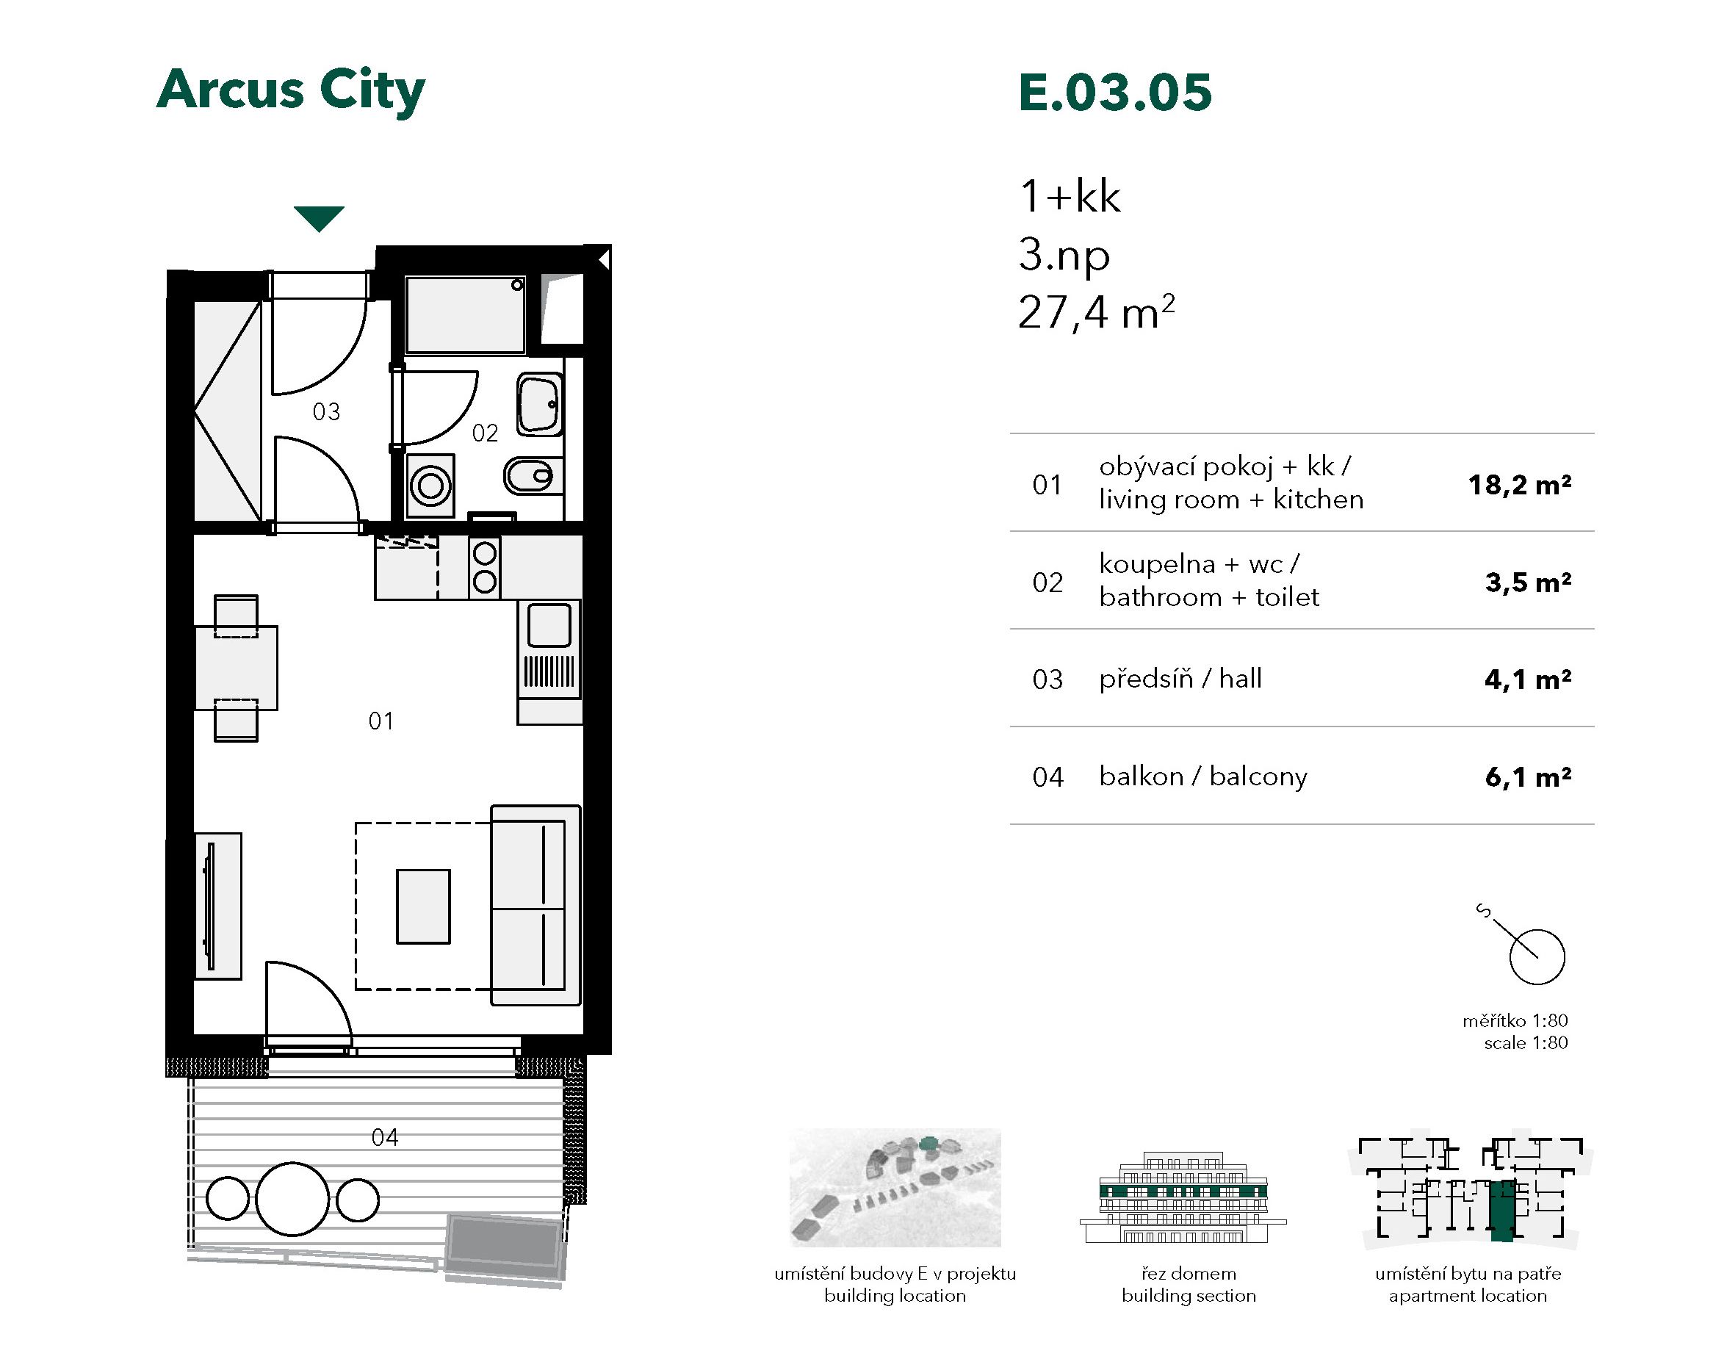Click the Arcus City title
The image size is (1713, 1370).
tap(291, 90)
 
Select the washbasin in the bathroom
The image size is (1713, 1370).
tap(541, 405)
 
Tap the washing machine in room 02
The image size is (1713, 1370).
tap(430, 485)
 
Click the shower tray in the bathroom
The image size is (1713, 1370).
tap(466, 314)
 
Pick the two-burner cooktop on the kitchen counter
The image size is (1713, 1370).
tap(485, 566)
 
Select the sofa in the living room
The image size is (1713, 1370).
tap(535, 905)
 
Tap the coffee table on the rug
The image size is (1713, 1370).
tap(424, 906)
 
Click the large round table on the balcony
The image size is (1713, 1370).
tap(292, 1199)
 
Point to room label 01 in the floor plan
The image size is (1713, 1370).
tap(381, 721)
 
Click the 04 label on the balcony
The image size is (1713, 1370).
tap(386, 1138)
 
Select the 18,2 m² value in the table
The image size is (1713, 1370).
tap(1520, 485)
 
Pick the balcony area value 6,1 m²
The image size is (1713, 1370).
tap(1528, 777)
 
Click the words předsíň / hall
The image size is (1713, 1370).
tap(1180, 679)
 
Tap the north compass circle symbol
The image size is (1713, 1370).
tap(1537, 956)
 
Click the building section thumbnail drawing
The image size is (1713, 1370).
tap(1183, 1197)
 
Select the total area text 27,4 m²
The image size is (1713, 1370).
tap(1097, 312)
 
